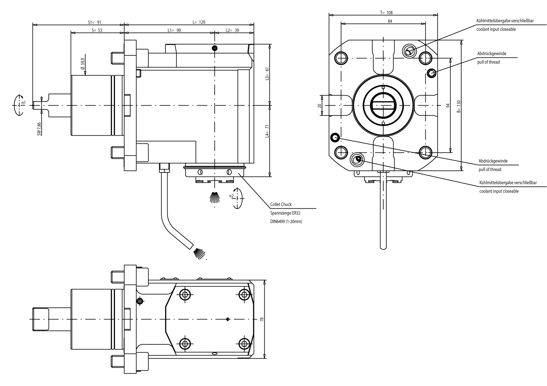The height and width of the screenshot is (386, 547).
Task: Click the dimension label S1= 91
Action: point(94,22)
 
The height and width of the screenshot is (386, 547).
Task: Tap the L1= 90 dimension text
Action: point(174,30)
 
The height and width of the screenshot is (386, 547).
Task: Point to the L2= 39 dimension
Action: point(232,30)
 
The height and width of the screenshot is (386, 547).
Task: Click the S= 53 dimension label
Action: point(97,30)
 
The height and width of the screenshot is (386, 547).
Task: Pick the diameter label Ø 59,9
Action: point(82,64)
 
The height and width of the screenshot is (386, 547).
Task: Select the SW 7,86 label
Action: point(39,128)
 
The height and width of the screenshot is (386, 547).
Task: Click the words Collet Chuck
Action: point(281,204)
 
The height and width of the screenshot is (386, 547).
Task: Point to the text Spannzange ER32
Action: point(285,213)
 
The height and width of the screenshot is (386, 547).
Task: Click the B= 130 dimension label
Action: point(458,106)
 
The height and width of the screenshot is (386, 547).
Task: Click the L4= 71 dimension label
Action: point(267,131)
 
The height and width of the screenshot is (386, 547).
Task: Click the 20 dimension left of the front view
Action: point(319,106)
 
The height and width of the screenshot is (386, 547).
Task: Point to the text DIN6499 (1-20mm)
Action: point(286,221)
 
